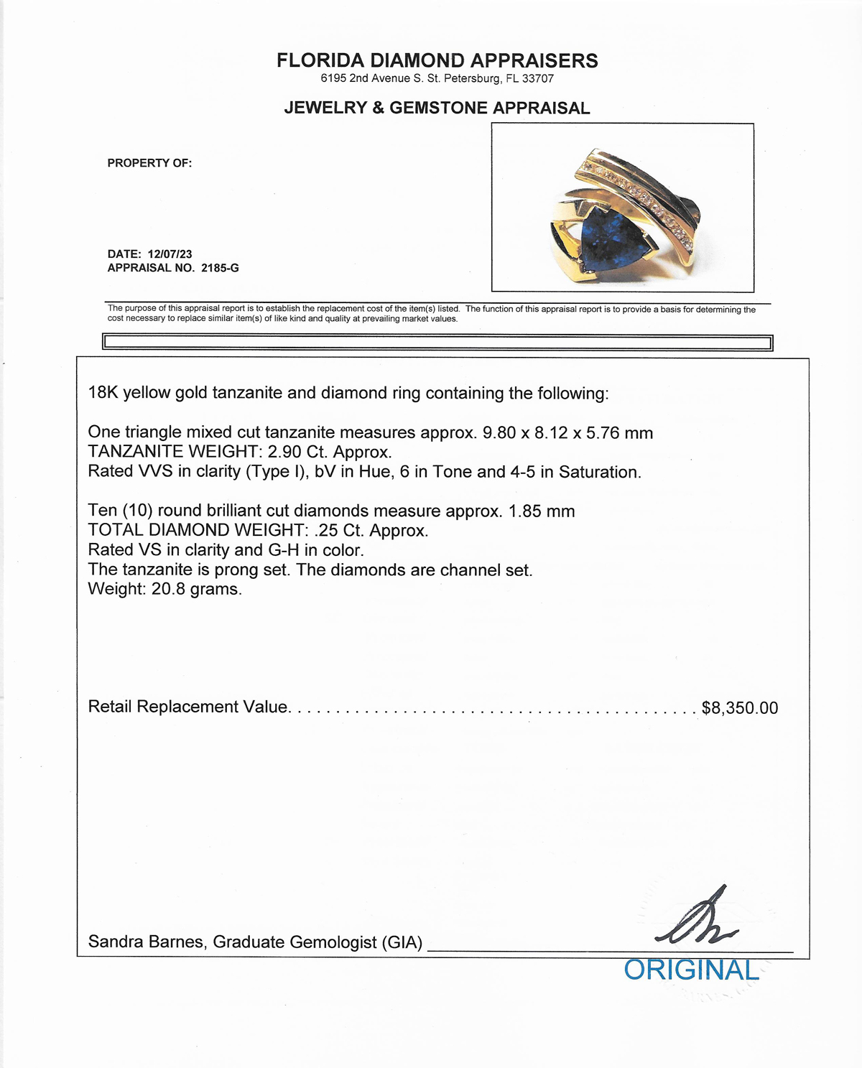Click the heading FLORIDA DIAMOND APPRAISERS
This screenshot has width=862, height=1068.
coord(437,60)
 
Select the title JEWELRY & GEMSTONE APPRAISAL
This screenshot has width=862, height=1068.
coord(437,108)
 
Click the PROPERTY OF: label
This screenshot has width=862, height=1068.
coord(149,163)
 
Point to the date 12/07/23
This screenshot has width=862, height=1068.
coord(170,254)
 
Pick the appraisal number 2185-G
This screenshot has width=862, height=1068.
coord(220,268)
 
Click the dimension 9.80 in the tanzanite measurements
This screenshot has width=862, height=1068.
coord(499,432)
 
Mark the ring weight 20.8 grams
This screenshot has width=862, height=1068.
coord(195,589)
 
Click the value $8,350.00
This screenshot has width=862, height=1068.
coord(739,707)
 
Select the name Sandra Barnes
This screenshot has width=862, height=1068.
coord(145,941)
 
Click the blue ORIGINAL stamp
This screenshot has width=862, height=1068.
coord(691,970)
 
